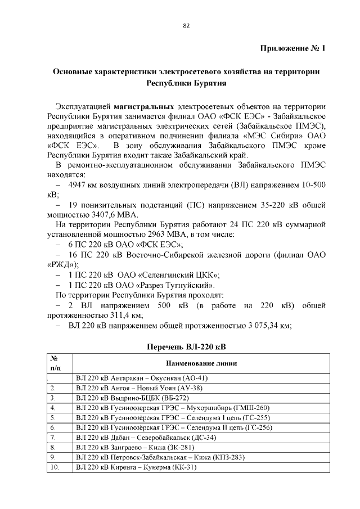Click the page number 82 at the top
tap(186, 25)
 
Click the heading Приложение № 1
tap(292, 48)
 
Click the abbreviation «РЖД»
tap(61, 264)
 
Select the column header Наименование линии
tap(199, 363)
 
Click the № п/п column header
tap(55, 363)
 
